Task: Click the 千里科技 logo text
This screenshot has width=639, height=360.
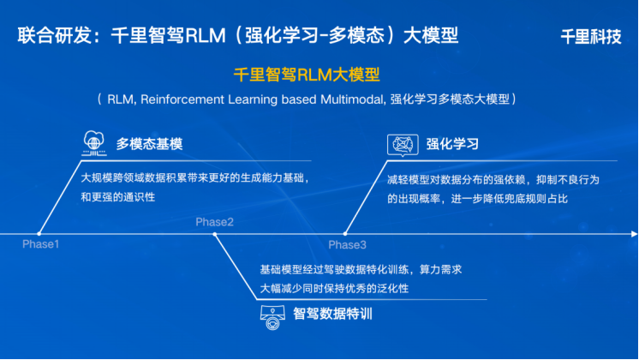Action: [591, 37]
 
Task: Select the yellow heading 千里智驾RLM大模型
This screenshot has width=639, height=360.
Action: [307, 75]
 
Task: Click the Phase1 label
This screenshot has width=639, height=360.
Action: [41, 244]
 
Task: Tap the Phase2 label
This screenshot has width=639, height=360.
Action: [214, 222]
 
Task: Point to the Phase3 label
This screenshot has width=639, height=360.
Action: [347, 245]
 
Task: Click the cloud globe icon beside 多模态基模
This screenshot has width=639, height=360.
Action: [94, 143]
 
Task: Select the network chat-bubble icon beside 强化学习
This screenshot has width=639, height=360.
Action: [403, 145]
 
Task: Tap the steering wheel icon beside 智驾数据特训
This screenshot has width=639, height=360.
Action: [272, 318]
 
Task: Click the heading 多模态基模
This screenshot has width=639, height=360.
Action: [149, 144]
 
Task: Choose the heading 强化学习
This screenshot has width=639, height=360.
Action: [452, 144]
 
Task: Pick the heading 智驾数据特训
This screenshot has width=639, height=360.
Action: [332, 314]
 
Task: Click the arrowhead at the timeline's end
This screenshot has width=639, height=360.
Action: [634, 234]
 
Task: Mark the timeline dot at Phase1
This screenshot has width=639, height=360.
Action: [39, 234]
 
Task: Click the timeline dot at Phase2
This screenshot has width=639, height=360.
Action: [215, 234]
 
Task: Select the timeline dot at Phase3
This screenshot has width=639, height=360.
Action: [345, 234]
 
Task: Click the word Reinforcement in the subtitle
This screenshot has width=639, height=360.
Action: [182, 99]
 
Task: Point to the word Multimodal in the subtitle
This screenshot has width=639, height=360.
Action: [352, 99]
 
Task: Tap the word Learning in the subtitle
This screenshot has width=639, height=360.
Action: [253, 100]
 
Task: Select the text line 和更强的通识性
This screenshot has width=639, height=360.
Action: [117, 197]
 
